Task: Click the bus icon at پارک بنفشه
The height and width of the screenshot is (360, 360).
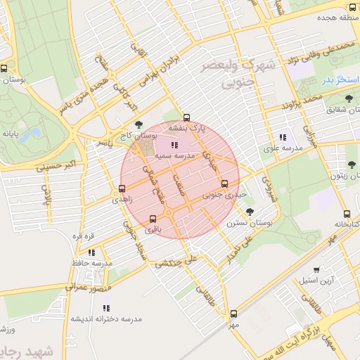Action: (x=186, y=118)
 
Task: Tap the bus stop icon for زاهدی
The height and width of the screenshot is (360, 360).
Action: (x=122, y=188)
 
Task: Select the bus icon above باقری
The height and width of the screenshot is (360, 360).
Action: (x=153, y=218)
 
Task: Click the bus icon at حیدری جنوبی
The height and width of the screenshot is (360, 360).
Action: (x=224, y=184)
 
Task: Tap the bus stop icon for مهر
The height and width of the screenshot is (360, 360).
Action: (x=233, y=314)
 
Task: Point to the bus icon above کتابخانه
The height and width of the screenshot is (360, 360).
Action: (x=347, y=214)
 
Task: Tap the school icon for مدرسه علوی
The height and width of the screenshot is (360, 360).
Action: (x=282, y=137)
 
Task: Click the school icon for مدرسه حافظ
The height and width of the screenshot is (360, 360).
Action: (x=92, y=252)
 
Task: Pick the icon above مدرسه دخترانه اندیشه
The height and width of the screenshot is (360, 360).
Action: (x=106, y=308)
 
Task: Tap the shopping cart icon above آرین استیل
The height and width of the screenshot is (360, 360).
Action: (x=316, y=269)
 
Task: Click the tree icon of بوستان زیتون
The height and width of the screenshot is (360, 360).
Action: (x=351, y=165)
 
